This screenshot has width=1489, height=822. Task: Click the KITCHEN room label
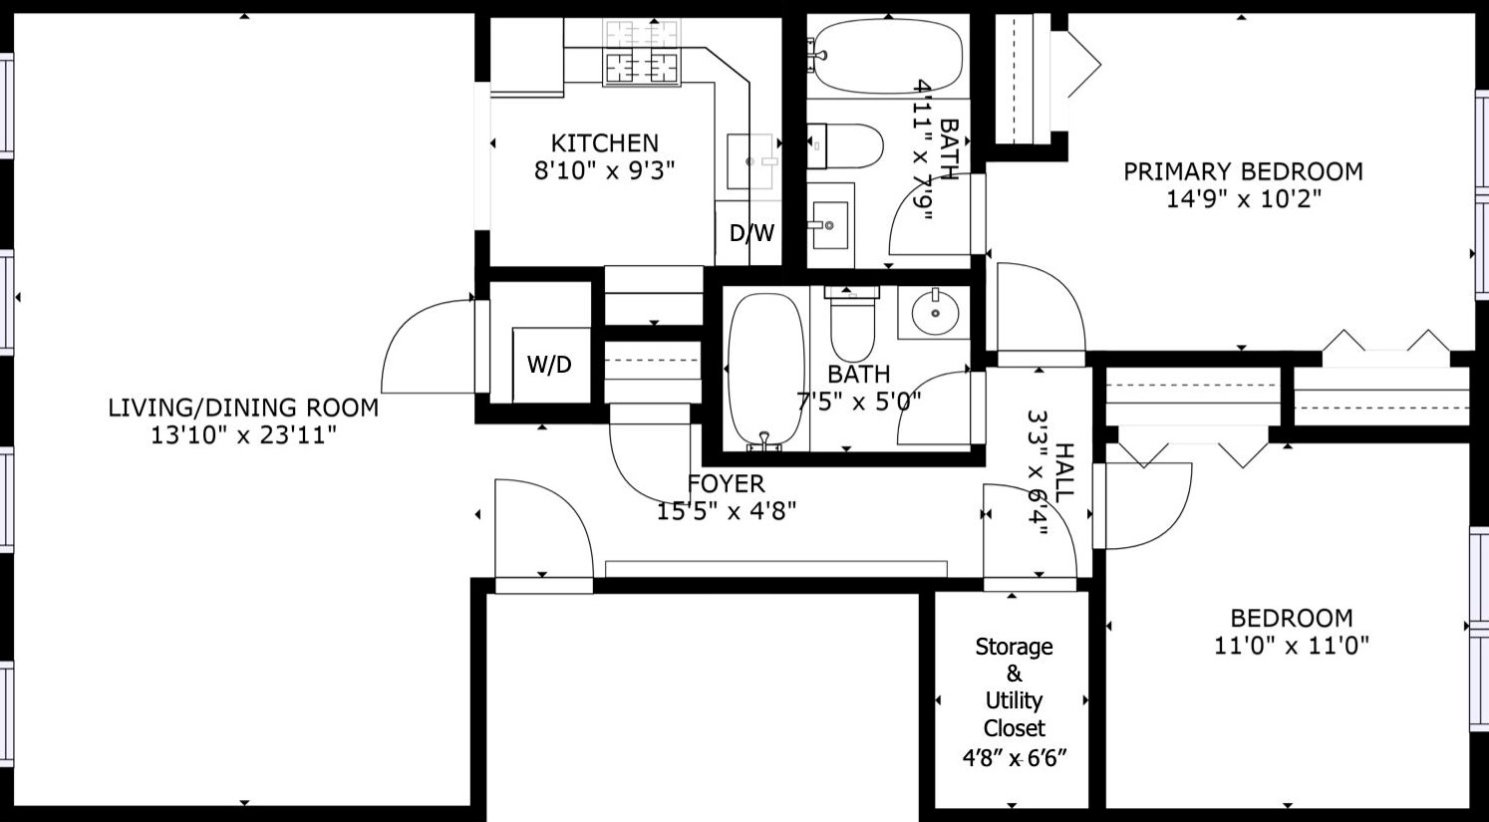pyautogui.click(x=604, y=142)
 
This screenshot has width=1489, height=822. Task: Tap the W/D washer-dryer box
pyautogui.click(x=551, y=364)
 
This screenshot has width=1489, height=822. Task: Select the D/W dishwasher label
pyautogui.click(x=751, y=232)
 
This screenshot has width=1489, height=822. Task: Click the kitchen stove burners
pyautogui.click(x=642, y=53)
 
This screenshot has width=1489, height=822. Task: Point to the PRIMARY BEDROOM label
pyautogui.click(x=1243, y=171)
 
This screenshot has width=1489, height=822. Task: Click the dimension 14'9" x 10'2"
pyautogui.click(x=1244, y=198)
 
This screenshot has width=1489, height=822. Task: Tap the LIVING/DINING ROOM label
pyautogui.click(x=243, y=408)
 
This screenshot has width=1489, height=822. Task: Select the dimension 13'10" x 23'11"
pyautogui.click(x=243, y=435)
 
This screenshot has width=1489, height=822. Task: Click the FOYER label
pyautogui.click(x=726, y=484)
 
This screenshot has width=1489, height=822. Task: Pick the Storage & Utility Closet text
pyautogui.click(x=1014, y=687)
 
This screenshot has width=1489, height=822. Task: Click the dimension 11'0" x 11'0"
pyautogui.click(x=1292, y=646)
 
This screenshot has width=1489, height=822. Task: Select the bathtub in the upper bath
pyautogui.click(x=888, y=57)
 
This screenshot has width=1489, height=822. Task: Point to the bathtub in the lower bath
pyautogui.click(x=765, y=370)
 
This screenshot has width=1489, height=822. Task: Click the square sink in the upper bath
pyautogui.click(x=830, y=225)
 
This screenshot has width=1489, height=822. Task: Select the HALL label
pyautogui.click(x=1063, y=472)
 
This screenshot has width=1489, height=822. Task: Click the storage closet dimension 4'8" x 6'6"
pyautogui.click(x=1014, y=757)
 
